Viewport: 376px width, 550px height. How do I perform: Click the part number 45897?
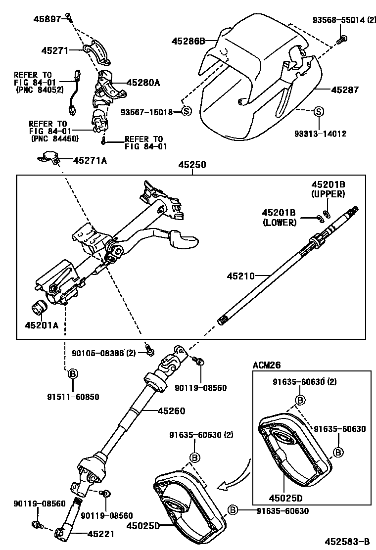tap(47, 19)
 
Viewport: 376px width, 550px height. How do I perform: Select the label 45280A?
tap(143, 83)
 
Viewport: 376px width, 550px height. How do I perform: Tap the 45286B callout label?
tap(188, 41)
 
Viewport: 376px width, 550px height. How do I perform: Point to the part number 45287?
tap(344, 90)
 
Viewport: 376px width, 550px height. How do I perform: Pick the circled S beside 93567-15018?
tap(186, 112)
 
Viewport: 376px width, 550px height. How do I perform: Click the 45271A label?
tap(90, 160)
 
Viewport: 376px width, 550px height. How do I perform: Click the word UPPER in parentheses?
tap(328, 194)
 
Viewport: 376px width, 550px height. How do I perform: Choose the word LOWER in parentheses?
tap(280, 223)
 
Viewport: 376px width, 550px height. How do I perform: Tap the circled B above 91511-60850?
tap(72, 373)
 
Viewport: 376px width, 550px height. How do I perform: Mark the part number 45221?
tap(101, 534)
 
